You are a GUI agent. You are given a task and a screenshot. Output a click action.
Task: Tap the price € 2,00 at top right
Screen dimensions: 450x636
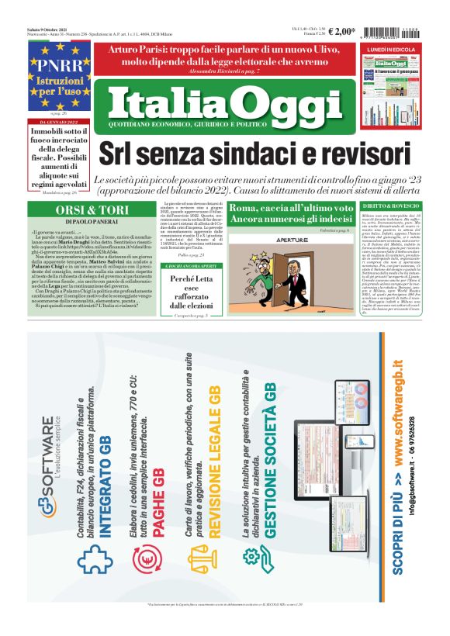(x=343, y=32)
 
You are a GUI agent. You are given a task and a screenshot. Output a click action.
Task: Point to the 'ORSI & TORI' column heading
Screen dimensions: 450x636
(x=74, y=212)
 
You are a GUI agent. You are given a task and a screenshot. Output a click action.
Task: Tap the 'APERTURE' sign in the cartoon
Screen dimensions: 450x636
(x=272, y=240)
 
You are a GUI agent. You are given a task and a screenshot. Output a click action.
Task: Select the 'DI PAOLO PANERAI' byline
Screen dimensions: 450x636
(x=74, y=223)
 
